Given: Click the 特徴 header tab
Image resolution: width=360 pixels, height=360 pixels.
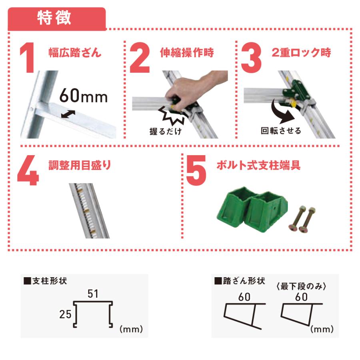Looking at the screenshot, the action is point(57,19).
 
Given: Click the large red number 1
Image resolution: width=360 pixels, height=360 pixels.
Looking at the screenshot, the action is point(28,58).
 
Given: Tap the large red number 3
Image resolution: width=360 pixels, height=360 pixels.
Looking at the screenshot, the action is point(252,58).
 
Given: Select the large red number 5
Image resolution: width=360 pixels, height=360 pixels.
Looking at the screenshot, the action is point(196,170).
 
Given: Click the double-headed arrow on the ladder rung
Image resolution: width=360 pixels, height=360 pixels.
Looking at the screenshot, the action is point(68,114).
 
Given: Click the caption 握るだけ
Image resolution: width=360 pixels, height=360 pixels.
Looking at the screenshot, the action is point(165,131).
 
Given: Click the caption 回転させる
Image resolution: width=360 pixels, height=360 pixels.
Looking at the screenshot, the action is point(281,131).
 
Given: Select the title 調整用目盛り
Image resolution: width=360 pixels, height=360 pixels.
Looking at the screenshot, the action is point(80,165).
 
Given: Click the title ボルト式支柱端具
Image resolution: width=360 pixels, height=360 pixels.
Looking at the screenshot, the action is point(258,165).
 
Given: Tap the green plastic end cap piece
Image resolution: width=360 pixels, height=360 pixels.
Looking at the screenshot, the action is point(252,207).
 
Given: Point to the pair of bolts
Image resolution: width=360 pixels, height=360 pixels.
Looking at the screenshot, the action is point(302,220).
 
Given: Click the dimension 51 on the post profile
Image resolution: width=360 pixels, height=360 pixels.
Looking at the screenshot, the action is point(93,294).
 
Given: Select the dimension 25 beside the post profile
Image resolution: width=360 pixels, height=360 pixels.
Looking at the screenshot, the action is point(66,314).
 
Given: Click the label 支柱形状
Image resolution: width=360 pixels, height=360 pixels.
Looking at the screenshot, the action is point(46,281).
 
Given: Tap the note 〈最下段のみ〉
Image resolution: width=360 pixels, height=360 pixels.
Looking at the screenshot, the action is point(301,286).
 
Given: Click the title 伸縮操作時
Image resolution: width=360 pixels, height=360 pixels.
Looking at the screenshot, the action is point(187,52).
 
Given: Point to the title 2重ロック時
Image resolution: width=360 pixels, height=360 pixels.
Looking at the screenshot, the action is point(301,52).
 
